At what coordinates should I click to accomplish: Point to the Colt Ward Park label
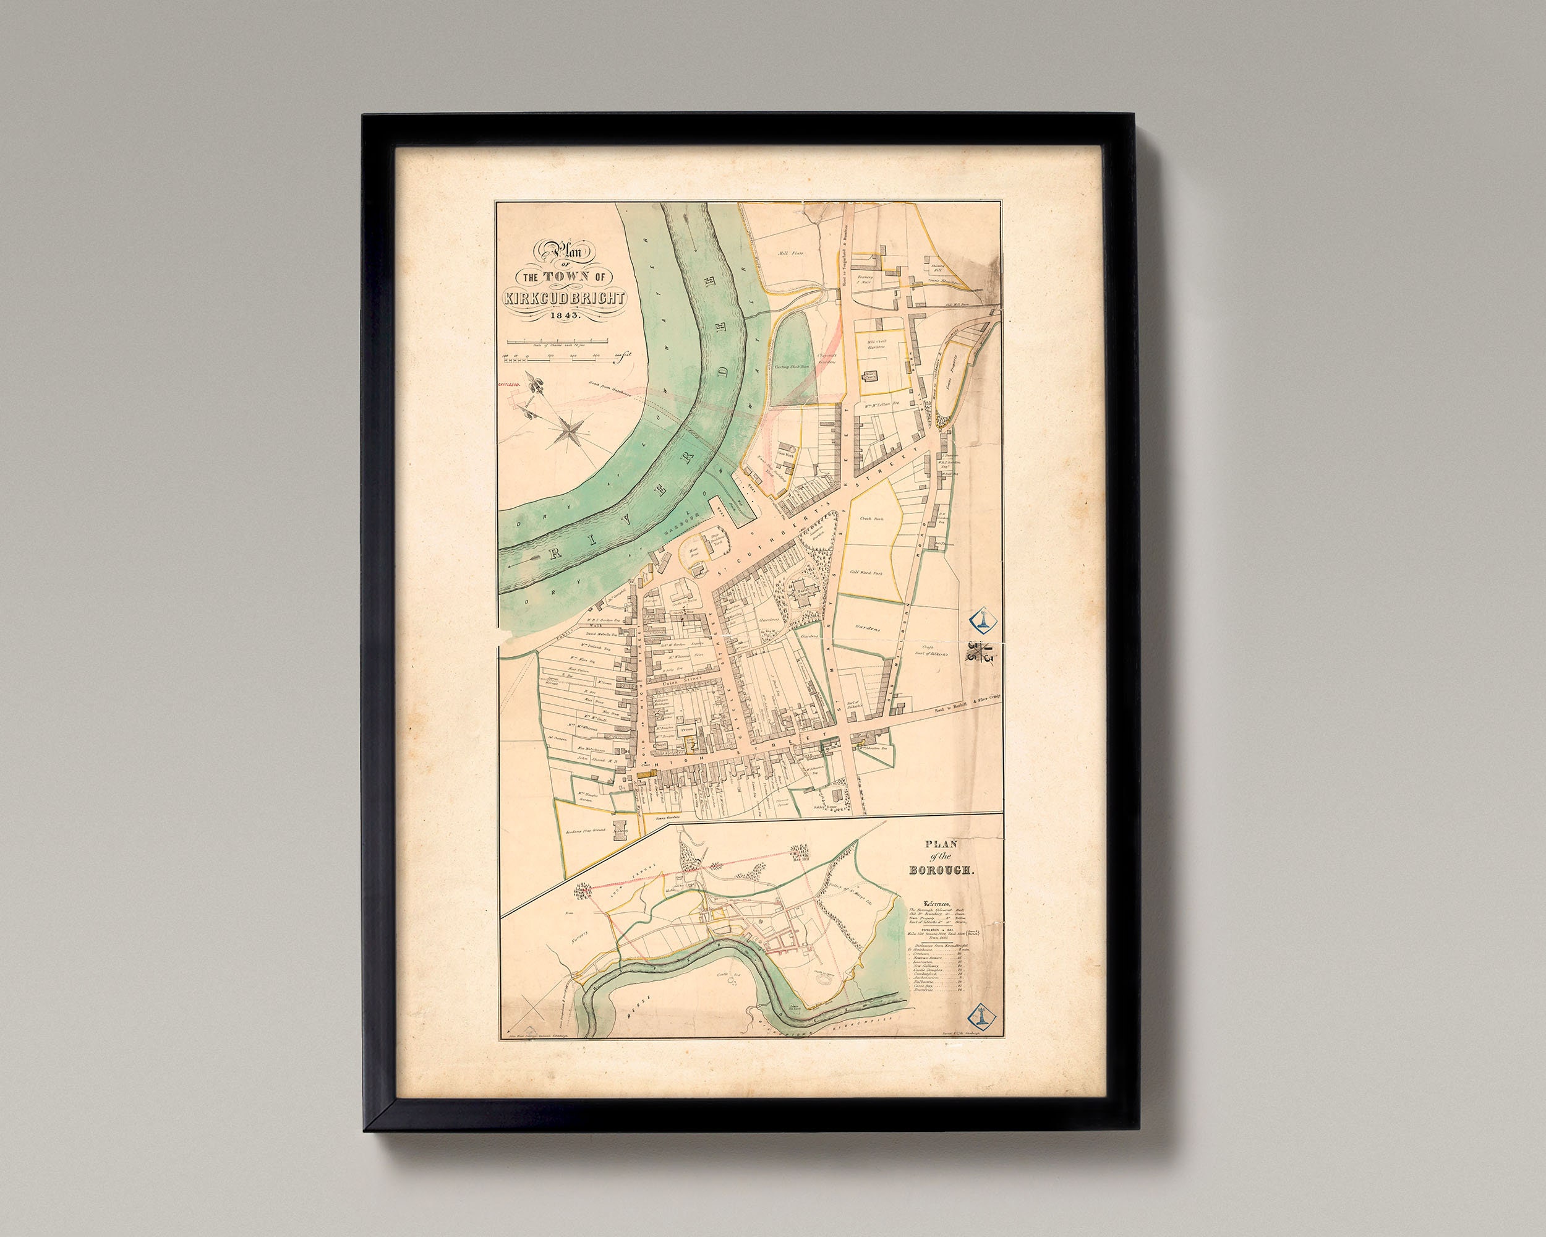pos(866,572)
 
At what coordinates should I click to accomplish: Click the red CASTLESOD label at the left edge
pos(509,384)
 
